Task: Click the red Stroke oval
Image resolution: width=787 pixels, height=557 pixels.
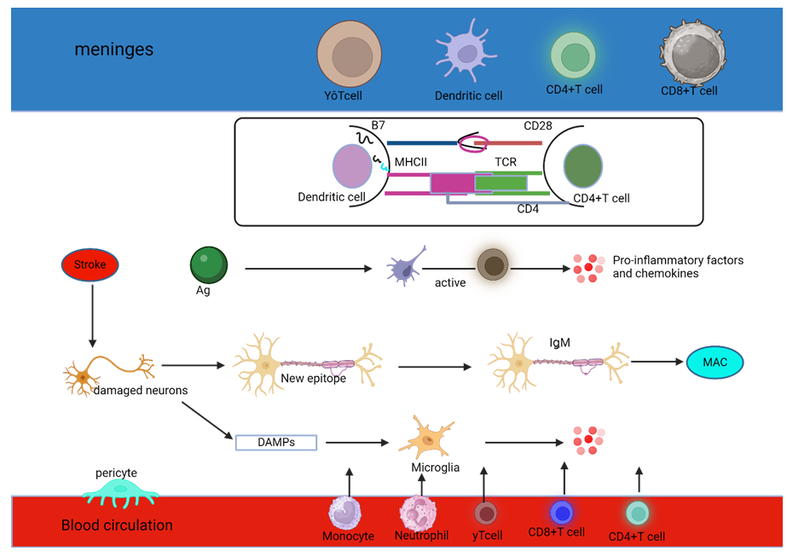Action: tap(90, 265)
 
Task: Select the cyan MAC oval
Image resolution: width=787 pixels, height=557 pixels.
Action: tap(715, 363)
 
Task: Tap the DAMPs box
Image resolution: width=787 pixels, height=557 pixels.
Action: tap(275, 442)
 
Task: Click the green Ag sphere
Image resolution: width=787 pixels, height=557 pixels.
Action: tap(208, 264)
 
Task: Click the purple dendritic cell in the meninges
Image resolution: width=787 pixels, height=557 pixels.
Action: tap(466, 53)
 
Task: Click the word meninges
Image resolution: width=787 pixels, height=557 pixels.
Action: tap(114, 49)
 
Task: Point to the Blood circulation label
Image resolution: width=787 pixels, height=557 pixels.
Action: tap(117, 525)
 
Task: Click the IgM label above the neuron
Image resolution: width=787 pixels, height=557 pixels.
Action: tap(559, 342)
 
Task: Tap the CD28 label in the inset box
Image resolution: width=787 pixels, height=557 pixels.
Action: tap(537, 126)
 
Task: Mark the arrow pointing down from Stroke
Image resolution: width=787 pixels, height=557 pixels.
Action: tap(90, 321)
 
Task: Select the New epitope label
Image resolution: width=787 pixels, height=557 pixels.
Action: tap(314, 379)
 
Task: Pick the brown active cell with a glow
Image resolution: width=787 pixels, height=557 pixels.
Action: tap(493, 265)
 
